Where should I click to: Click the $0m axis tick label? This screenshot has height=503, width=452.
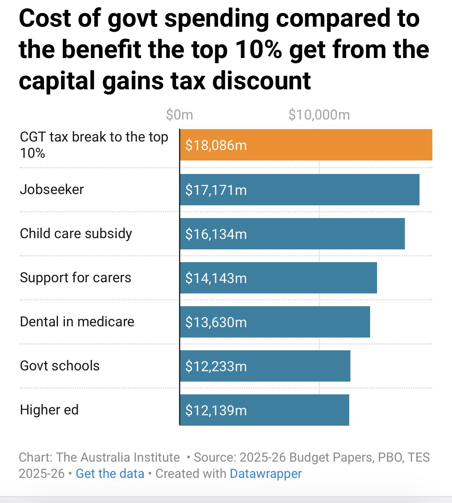179,115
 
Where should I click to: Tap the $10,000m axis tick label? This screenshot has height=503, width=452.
319,115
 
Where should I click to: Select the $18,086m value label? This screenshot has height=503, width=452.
216,145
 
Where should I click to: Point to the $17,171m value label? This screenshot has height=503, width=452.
216,190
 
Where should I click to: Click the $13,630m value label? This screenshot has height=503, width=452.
216,322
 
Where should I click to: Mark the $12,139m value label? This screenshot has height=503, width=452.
216,410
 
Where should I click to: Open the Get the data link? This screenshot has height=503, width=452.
110,474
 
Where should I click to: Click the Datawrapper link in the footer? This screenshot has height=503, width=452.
265,474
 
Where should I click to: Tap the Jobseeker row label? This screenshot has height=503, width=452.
52,189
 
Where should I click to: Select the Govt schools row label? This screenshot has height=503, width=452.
60,366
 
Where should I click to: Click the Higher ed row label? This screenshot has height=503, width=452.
49,410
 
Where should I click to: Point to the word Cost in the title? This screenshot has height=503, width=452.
43,19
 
